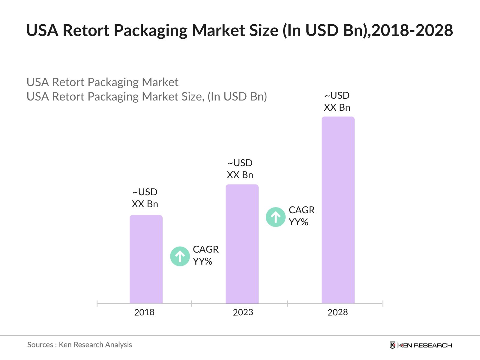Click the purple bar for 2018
coord(146,259)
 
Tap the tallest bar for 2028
coord(338,210)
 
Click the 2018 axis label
coord(144,312)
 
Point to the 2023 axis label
coord(243,312)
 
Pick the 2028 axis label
coord(337,312)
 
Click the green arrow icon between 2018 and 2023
coord(180,256)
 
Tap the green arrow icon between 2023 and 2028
coord(275,217)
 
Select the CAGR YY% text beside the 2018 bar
coord(205,255)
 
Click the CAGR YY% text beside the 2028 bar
coord(301,216)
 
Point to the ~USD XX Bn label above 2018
coord(145,198)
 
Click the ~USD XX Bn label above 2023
coord(240,169)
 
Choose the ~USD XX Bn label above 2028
coord(337,101)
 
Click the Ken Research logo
coord(421,345)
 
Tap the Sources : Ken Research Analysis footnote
coord(79,345)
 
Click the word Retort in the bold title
coord(86,30)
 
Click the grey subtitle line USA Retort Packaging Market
coord(102,82)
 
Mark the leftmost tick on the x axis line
coord(97,304)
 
